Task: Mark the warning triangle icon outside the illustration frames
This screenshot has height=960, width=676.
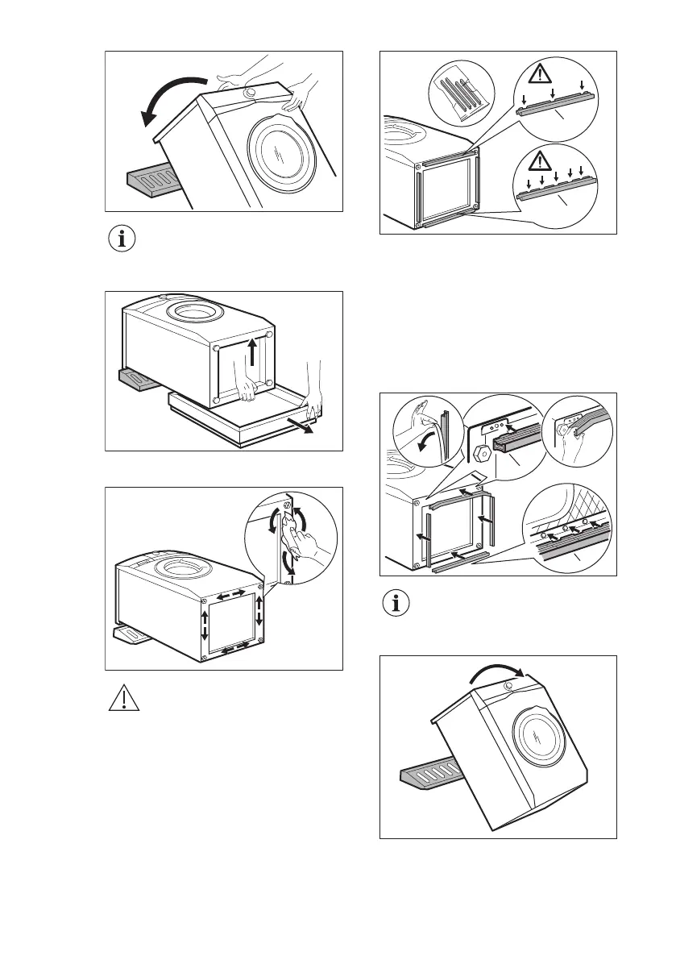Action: pyautogui.click(x=123, y=698)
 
